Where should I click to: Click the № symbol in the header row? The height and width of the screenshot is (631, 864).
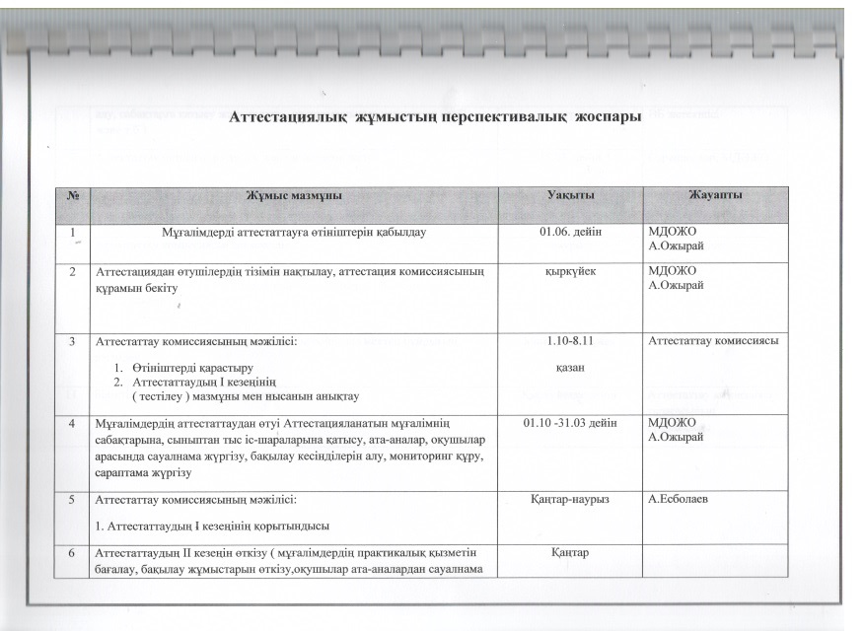click(72, 195)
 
